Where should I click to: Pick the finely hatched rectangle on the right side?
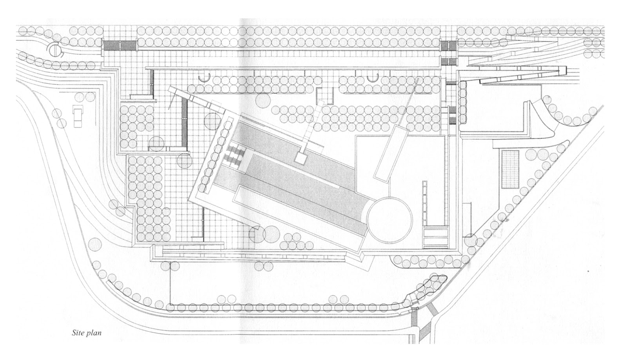pyautogui.click(x=510, y=169)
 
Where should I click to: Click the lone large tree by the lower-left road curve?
pyautogui.click(x=94, y=244)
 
